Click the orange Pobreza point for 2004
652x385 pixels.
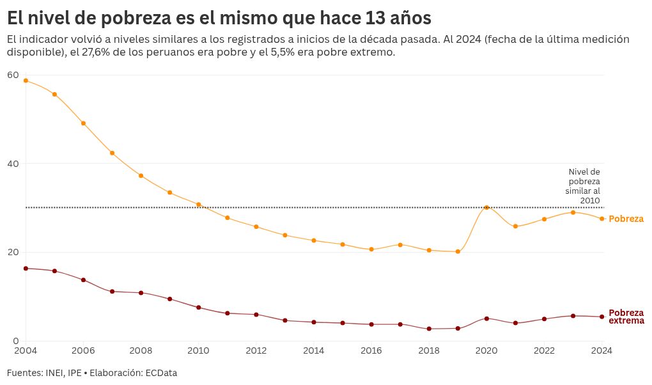pos(26,81)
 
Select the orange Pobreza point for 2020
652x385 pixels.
pos(486,207)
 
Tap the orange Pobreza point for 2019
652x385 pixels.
pos(458,251)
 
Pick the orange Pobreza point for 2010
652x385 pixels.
pos(199,205)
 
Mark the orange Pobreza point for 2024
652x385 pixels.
pos(602,219)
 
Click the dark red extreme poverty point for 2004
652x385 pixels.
pos(26,269)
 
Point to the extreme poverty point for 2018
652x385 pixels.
pos(429,329)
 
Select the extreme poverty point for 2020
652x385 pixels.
pos(486,318)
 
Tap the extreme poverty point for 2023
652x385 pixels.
pos(573,316)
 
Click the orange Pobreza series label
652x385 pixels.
pos(626,219)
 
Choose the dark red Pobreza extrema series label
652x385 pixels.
pos(626,317)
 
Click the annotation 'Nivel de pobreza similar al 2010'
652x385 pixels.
pos(584,186)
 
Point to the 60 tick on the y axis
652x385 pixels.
pos(13,75)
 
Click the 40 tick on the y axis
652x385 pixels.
pos(13,164)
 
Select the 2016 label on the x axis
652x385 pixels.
pos(371,350)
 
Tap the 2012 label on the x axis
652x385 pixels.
pos(256,350)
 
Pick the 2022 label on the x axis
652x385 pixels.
pos(544,350)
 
